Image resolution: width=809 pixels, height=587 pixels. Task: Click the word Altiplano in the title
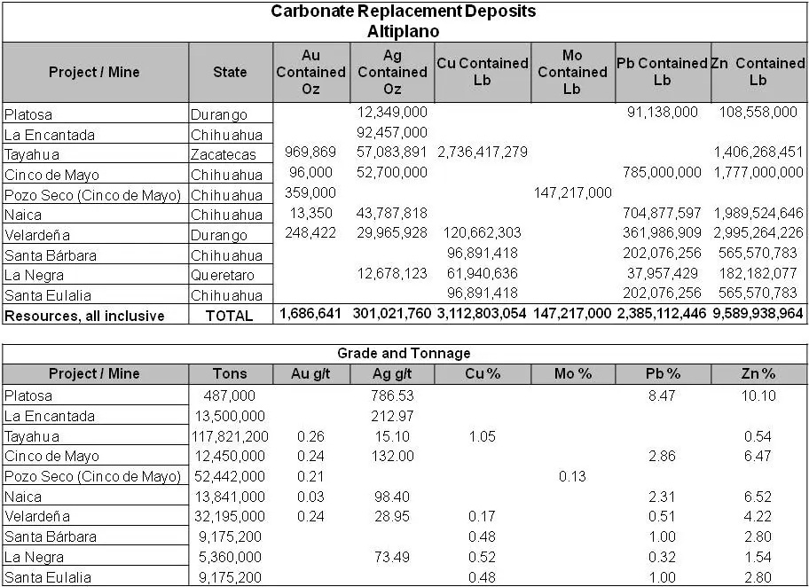click(404, 31)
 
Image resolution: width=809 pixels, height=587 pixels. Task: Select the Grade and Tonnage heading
click(404, 353)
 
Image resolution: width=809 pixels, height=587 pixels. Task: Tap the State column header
click(230, 72)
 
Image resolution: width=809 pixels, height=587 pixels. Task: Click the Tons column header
click(230, 373)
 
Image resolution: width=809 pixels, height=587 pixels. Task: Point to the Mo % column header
click(571, 373)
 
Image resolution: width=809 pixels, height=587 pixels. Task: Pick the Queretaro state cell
click(223, 276)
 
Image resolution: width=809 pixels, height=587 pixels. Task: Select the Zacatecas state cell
click(223, 154)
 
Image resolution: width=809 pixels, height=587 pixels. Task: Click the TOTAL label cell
click(230, 315)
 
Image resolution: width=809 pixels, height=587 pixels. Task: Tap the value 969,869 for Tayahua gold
click(309, 153)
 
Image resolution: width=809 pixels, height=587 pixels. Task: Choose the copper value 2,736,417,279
click(483, 153)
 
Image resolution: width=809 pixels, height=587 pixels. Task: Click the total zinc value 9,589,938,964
click(759, 314)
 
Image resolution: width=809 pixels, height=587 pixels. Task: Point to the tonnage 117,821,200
click(230, 436)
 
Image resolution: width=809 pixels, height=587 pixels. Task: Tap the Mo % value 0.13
click(572, 476)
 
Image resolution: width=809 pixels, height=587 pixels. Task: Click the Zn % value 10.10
click(758, 395)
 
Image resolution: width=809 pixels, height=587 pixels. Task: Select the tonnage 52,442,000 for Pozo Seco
click(230, 476)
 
